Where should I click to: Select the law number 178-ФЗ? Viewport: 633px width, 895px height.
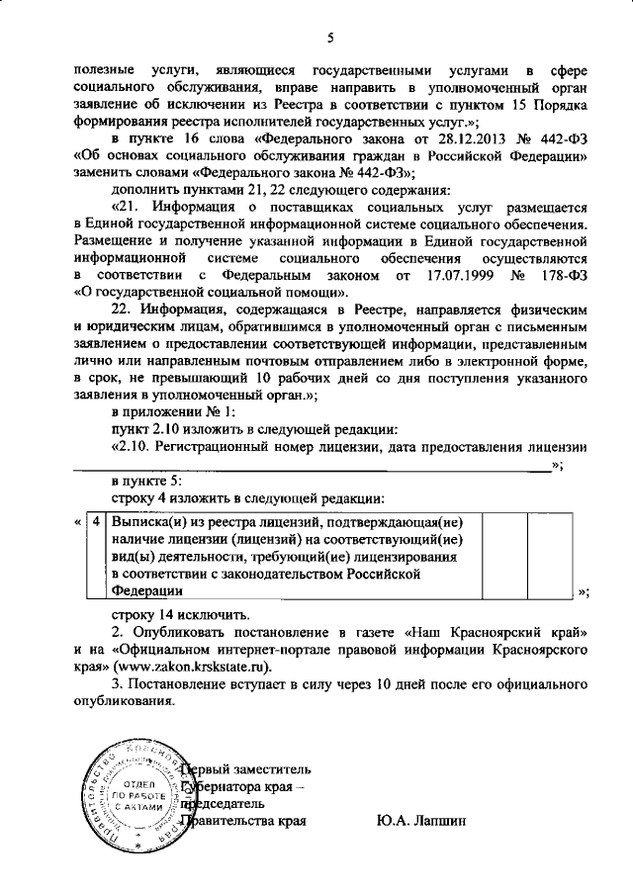point(564,273)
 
